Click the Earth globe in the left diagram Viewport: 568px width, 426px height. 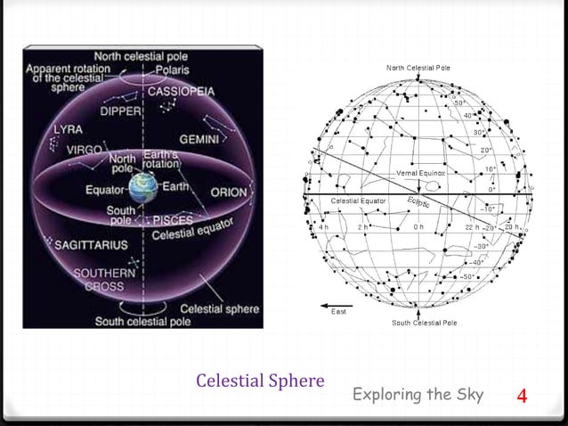(x=142, y=190)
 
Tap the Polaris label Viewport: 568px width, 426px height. (x=171, y=70)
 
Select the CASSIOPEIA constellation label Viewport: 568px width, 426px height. (x=181, y=92)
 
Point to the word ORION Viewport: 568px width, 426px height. (x=229, y=193)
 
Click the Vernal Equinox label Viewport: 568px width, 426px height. (x=420, y=172)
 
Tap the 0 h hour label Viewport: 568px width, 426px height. (x=418, y=227)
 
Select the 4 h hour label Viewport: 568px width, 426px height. (x=323, y=227)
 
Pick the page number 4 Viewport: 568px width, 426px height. (x=523, y=395)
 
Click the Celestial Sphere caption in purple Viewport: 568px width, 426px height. (x=259, y=381)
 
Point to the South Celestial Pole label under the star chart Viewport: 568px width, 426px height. (x=425, y=323)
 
